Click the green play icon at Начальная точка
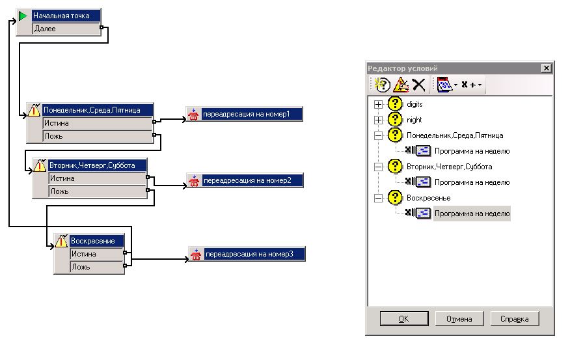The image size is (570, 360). [23, 16]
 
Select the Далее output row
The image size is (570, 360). [66, 29]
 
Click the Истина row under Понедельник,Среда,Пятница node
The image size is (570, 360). [98, 123]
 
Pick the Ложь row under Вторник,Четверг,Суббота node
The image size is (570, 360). [98, 191]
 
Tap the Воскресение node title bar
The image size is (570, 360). [96, 241]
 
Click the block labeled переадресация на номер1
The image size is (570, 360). [244, 114]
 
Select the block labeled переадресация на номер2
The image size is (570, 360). [245, 180]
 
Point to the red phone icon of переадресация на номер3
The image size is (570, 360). [196, 254]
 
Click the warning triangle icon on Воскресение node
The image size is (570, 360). [61, 241]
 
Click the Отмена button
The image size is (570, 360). [459, 319]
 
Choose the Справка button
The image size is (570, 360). [515, 319]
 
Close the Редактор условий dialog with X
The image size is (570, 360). [546, 68]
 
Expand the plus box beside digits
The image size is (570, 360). [378, 104]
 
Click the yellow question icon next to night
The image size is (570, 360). [395, 120]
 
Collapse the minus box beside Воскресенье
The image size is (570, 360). [378, 198]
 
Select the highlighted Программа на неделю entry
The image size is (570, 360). [472, 214]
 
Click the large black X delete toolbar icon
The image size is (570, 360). [419, 85]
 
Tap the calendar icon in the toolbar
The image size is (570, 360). [444, 85]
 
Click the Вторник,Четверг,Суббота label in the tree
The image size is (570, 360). [450, 167]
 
